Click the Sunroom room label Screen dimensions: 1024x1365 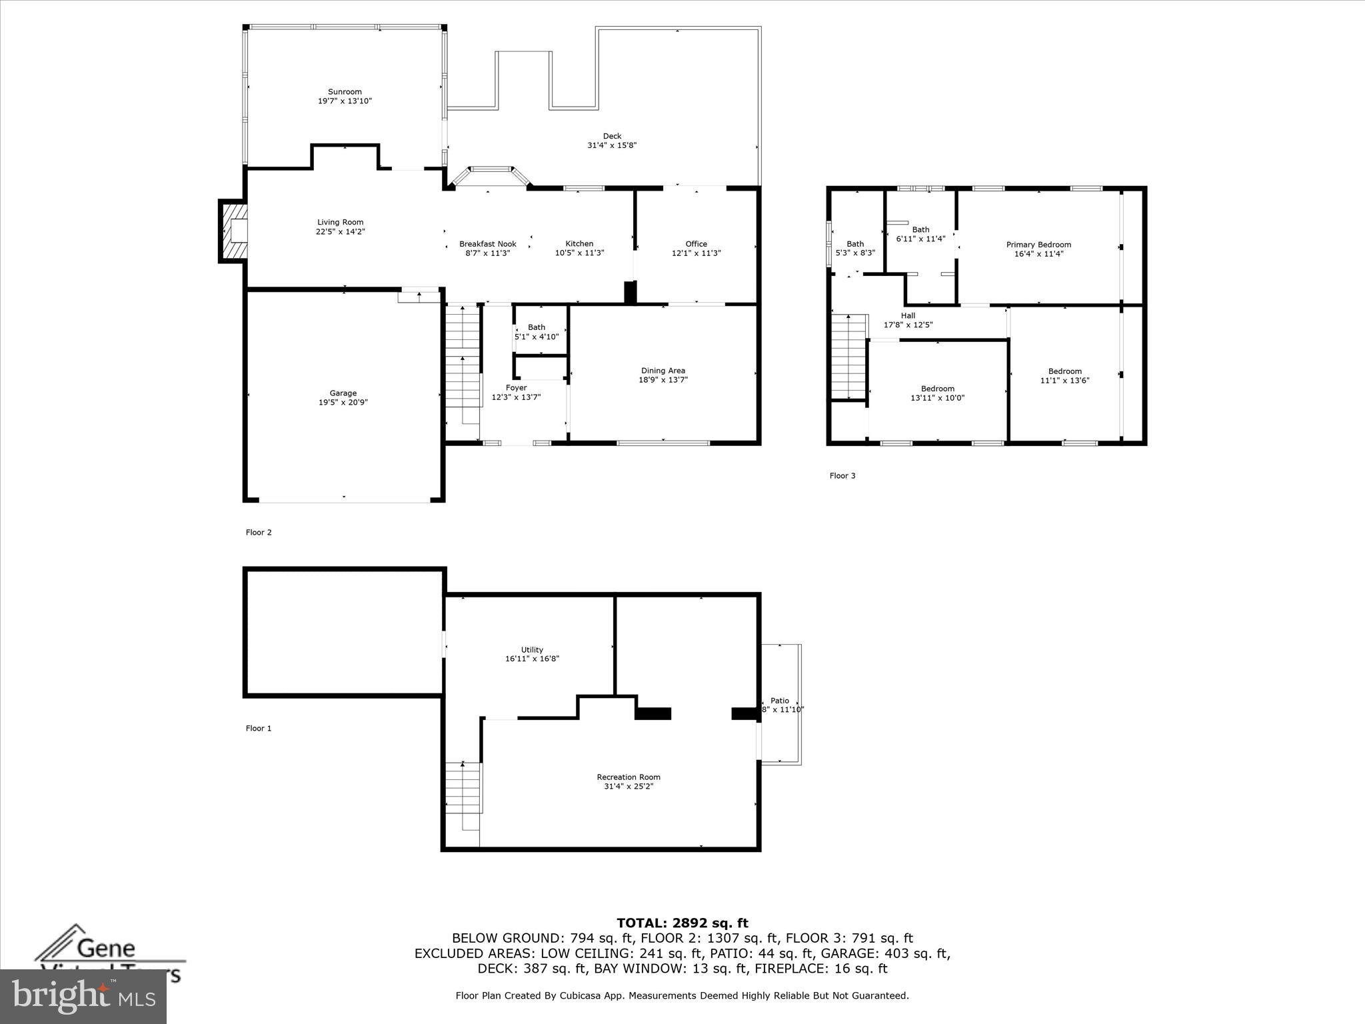pyautogui.click(x=345, y=92)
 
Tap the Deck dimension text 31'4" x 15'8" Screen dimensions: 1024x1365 pyautogui.click(x=611, y=145)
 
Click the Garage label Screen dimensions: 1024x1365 pyautogui.click(x=343, y=393)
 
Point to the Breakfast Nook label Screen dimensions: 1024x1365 pyautogui.click(x=487, y=244)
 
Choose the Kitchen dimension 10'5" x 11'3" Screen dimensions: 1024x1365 pyautogui.click(x=579, y=253)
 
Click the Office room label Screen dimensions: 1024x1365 pyautogui.click(x=696, y=244)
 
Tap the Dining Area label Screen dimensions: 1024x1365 pyautogui.click(x=663, y=371)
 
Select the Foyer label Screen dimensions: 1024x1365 pyautogui.click(x=516, y=388)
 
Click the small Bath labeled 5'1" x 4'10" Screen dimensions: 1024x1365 pyautogui.click(x=537, y=332)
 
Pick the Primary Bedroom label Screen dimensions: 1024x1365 pyautogui.click(x=1038, y=245)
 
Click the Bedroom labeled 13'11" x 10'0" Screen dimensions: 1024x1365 pyautogui.click(x=937, y=393)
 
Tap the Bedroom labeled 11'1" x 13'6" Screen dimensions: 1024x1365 pyautogui.click(x=1064, y=376)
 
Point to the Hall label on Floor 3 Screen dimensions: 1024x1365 pyautogui.click(x=908, y=316)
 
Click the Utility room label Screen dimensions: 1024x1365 pyautogui.click(x=532, y=650)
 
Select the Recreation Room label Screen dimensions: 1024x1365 pyautogui.click(x=628, y=777)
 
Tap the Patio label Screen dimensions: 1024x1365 pyautogui.click(x=779, y=701)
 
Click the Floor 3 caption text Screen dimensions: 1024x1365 pyautogui.click(x=842, y=476)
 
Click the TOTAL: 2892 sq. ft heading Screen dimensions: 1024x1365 pyautogui.click(x=682, y=923)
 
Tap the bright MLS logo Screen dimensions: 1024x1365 pyautogui.click(x=83, y=996)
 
